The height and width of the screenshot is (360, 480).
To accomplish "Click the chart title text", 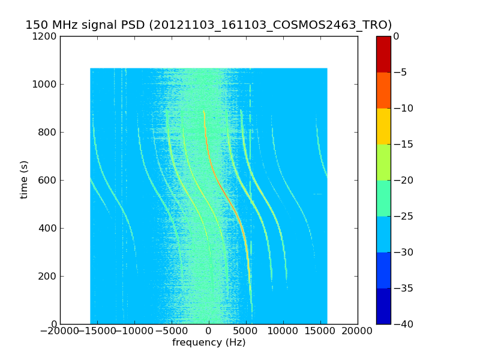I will pos(208,25).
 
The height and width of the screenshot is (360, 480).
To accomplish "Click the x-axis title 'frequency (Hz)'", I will pos(209,343).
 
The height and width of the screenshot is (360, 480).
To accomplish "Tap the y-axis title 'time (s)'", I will pos(25,179).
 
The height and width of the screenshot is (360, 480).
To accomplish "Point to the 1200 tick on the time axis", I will pos(45,36).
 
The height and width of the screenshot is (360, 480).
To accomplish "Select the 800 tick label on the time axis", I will pos(47,132).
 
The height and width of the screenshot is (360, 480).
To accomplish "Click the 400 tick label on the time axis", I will pos(47,228).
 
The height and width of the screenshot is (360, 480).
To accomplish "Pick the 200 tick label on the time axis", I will pos(47,276).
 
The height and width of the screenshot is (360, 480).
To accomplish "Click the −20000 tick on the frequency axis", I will pos(60,331).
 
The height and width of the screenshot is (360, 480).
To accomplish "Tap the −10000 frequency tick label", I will pos(134,331).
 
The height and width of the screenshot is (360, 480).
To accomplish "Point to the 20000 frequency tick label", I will pos(358,331).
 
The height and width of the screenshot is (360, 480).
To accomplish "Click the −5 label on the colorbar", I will pos(400,72).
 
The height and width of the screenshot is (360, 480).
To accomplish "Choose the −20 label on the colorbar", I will pos(403,180).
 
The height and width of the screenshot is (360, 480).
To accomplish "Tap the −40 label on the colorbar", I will pos(403,324).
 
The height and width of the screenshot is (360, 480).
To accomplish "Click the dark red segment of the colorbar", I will pos(383,54).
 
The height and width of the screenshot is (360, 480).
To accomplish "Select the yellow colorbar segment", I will pos(383,126).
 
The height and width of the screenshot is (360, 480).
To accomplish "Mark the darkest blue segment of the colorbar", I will pos(383,306).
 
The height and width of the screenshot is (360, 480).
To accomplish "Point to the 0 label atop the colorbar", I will pos(397,36).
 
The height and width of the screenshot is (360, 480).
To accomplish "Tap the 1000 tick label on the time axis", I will pos(45,84).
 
